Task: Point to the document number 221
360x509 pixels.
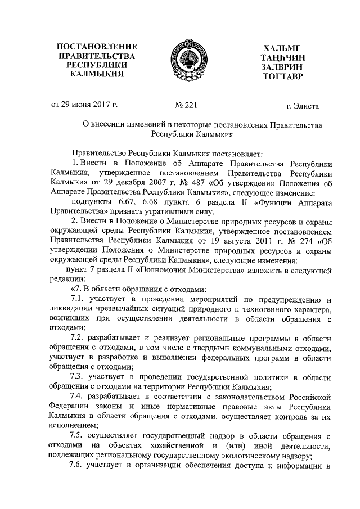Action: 186,105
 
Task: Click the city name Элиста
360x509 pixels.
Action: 306,105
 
